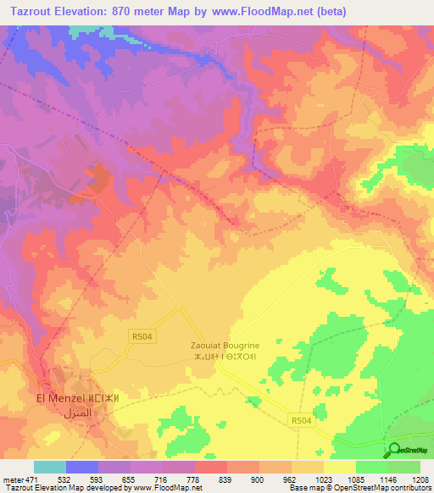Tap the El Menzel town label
click(x=59, y=398)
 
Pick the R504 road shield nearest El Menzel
click(x=142, y=336)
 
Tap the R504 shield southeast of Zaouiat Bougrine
click(x=300, y=419)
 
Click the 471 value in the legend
click(x=32, y=480)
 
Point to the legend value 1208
click(x=420, y=480)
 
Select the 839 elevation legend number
click(x=226, y=480)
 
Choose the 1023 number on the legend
click(x=323, y=480)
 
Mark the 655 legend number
click(x=130, y=480)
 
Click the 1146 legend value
click(x=387, y=480)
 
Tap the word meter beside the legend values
click(x=13, y=480)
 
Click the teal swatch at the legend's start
click(x=50, y=467)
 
